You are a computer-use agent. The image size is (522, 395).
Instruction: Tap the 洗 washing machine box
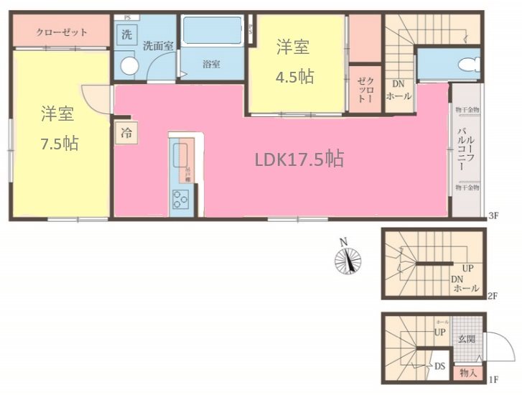(x=126, y=34)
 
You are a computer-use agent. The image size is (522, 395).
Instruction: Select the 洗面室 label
(x=158, y=45)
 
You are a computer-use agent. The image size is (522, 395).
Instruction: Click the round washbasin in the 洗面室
(x=129, y=65)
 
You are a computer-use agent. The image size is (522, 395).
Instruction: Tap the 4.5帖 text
(x=296, y=76)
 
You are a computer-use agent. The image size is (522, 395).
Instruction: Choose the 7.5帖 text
(x=59, y=142)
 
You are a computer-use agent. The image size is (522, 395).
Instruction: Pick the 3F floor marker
(x=492, y=215)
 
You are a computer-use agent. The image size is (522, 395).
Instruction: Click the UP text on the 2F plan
(x=467, y=268)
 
